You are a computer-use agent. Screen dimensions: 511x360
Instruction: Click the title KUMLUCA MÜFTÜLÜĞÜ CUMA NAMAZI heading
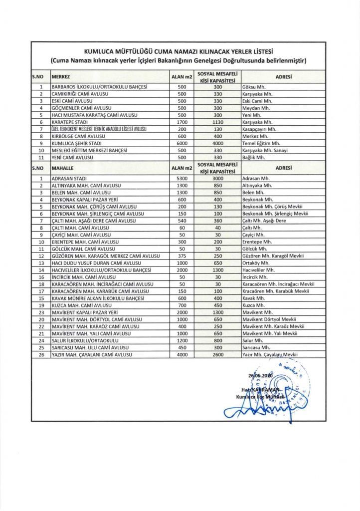(x=180, y=51)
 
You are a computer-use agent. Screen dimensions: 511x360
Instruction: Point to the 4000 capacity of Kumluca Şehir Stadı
(x=217, y=143)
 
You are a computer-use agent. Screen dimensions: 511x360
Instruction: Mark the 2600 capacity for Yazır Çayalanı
(x=217, y=354)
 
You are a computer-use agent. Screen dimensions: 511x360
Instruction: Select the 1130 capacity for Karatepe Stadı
(x=217, y=122)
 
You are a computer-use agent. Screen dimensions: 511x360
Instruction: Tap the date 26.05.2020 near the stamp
(x=261, y=375)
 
